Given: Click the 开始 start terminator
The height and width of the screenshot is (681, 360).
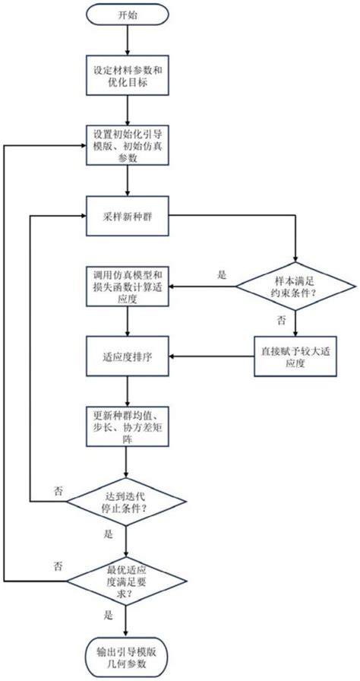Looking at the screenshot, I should (x=126, y=15).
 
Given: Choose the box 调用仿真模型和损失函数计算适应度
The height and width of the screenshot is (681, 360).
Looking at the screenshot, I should (x=126, y=287).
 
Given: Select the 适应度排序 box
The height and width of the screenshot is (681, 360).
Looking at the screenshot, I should (x=126, y=356).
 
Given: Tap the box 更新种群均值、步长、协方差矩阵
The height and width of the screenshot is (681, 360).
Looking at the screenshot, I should (x=126, y=428).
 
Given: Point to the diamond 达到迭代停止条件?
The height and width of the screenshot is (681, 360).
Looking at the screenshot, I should (x=126, y=501).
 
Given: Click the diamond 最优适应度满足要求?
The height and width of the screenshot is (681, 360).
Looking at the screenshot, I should (x=126, y=581).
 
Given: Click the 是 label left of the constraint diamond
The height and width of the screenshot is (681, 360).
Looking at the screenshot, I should (x=222, y=276).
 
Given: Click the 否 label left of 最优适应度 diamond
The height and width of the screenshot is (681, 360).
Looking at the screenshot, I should (x=58, y=566).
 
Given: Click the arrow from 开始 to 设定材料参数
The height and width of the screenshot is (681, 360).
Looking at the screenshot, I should (x=126, y=41).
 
